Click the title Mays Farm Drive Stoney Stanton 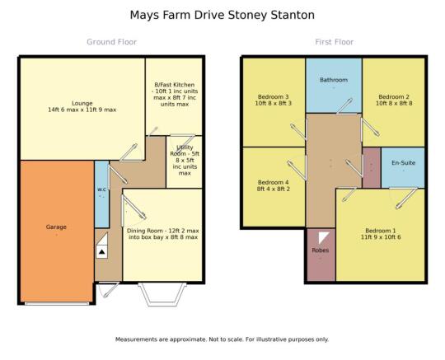(x=222, y=15)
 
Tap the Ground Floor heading (x=111, y=42)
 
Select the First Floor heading (x=335, y=42)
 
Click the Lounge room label (x=82, y=106)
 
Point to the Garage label (x=56, y=227)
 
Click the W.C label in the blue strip (x=101, y=189)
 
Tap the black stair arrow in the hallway (x=102, y=251)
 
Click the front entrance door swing (x=110, y=290)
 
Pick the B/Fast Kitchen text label (x=175, y=94)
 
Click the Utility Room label (x=185, y=161)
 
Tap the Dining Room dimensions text (x=163, y=234)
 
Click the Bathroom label (x=334, y=80)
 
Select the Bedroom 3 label (x=273, y=100)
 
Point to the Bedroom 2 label (x=394, y=100)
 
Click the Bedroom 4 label (x=274, y=185)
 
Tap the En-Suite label (x=403, y=163)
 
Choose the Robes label (x=321, y=250)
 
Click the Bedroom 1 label (x=381, y=234)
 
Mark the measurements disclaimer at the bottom (x=222, y=339)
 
